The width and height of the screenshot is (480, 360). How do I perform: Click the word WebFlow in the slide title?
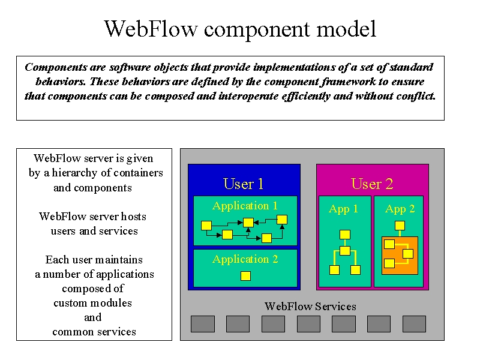151,29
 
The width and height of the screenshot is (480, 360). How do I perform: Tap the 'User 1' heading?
244,184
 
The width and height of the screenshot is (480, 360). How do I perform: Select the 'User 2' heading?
372,184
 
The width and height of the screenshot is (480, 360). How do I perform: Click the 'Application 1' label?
245,206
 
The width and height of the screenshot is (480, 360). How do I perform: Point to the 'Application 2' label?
245,259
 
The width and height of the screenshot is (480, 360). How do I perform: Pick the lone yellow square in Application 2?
245,276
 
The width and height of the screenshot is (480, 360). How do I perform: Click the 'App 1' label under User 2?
343,209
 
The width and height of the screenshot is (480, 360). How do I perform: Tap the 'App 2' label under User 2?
400,209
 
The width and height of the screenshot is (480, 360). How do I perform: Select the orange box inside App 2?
400,256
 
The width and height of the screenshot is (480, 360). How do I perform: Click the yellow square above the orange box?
400,226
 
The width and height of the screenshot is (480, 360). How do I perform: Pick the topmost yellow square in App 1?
345,235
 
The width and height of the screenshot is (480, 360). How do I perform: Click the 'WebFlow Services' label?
310,307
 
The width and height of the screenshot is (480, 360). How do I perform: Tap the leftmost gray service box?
203,324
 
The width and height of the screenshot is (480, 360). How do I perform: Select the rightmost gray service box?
414,324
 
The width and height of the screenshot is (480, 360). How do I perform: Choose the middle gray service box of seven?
308,324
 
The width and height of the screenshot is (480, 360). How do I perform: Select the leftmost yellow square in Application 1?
206,226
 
